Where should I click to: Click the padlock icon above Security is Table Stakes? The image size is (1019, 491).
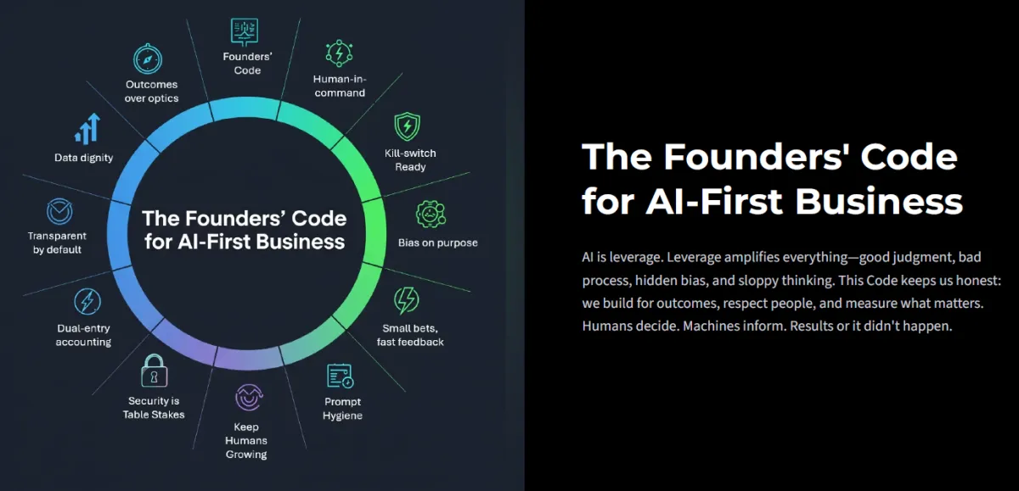[x=154, y=371]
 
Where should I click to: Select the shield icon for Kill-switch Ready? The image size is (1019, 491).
[x=408, y=127]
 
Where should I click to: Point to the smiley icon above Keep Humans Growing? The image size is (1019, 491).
[x=247, y=397]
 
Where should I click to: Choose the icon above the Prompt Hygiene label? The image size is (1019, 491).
[x=340, y=376]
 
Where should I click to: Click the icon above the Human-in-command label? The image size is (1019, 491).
[x=339, y=53]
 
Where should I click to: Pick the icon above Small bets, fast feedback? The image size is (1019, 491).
[x=407, y=301]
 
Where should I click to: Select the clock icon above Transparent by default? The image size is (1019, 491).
[x=59, y=210]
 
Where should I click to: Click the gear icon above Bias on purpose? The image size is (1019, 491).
[x=431, y=215]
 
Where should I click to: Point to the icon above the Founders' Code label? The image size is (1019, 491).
[x=245, y=31]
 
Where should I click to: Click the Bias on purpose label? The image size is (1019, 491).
[x=437, y=243]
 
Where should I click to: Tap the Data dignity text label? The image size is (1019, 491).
[x=84, y=158]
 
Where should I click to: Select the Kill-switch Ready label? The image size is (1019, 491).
[x=410, y=160]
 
